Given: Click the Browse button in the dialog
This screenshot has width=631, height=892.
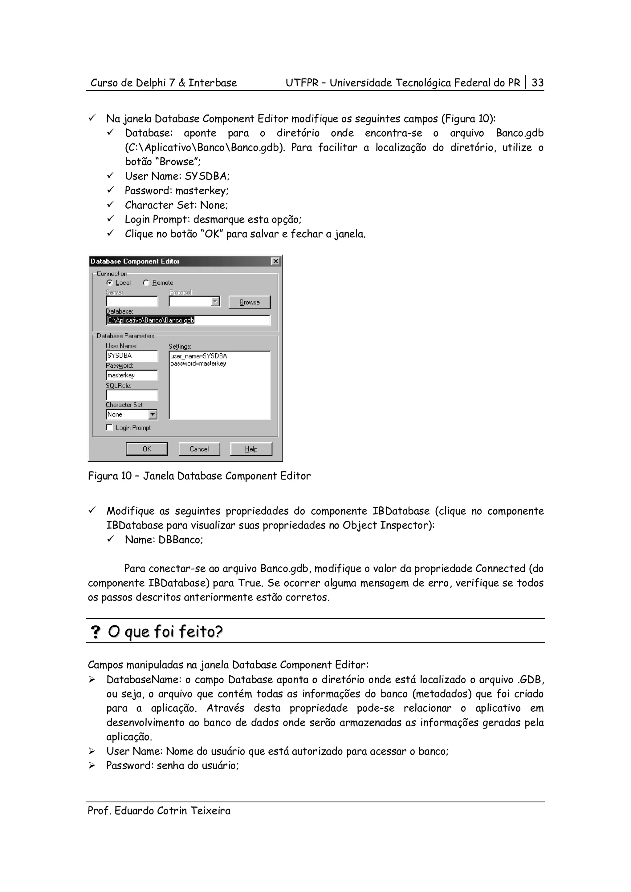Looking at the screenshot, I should [249, 302].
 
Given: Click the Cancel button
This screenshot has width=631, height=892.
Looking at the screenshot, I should [199, 449].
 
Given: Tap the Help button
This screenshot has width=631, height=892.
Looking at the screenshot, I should [251, 449].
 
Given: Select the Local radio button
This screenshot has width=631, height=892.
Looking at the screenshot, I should [110, 283].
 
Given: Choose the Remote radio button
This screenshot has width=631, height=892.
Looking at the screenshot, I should [146, 283].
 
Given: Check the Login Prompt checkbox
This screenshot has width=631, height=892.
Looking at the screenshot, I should [110, 428].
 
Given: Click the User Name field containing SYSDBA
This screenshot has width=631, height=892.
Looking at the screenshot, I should [132, 356].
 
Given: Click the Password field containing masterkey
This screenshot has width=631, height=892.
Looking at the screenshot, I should [132, 375].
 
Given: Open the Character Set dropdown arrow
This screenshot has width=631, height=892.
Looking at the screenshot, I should [153, 415].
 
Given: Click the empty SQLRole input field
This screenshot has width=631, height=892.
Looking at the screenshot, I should [132, 395].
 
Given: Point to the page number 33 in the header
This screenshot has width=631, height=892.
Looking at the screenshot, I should [537, 83].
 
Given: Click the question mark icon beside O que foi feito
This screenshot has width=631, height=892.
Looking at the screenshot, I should [95, 632].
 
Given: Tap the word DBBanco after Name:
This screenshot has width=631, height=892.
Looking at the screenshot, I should [181, 540].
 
